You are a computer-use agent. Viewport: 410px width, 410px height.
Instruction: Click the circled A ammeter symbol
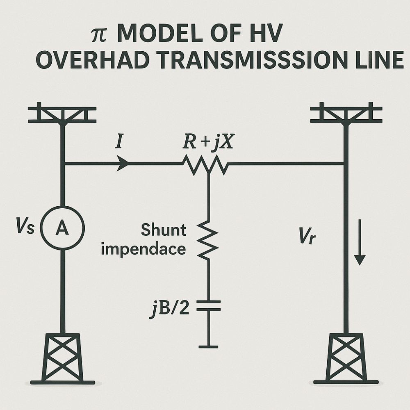(63, 228)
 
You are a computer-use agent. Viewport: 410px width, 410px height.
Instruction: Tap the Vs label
(26, 228)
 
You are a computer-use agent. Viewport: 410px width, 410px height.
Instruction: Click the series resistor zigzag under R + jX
(205, 165)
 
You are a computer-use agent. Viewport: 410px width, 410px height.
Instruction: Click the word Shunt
(164, 230)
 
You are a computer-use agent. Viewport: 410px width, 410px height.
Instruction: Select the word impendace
(143, 249)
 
